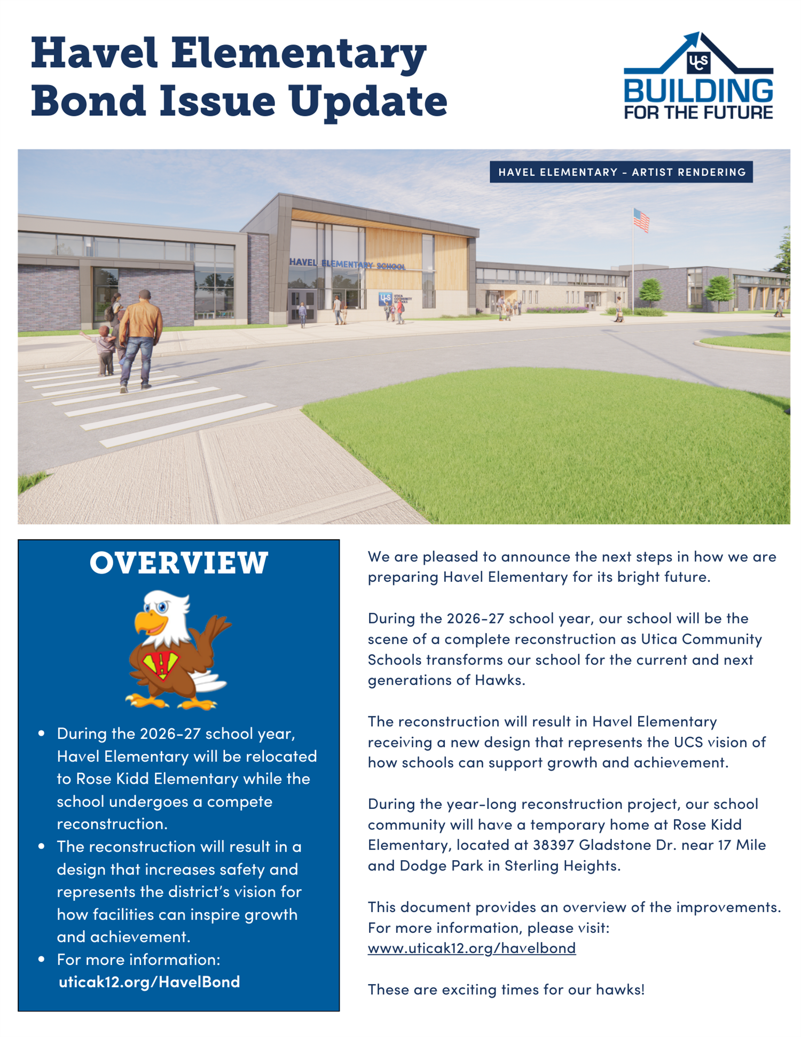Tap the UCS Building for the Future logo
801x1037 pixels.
(x=698, y=76)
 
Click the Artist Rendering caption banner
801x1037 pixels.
(x=621, y=172)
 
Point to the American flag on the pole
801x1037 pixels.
(x=641, y=220)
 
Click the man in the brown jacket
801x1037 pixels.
(x=140, y=337)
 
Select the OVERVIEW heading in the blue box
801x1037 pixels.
(x=179, y=563)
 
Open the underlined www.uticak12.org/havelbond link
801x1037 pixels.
(x=472, y=948)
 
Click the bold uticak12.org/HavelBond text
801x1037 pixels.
(x=149, y=982)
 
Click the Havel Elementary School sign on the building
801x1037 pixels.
(x=347, y=264)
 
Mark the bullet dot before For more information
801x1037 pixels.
(x=42, y=960)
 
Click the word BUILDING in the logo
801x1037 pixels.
(x=698, y=91)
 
